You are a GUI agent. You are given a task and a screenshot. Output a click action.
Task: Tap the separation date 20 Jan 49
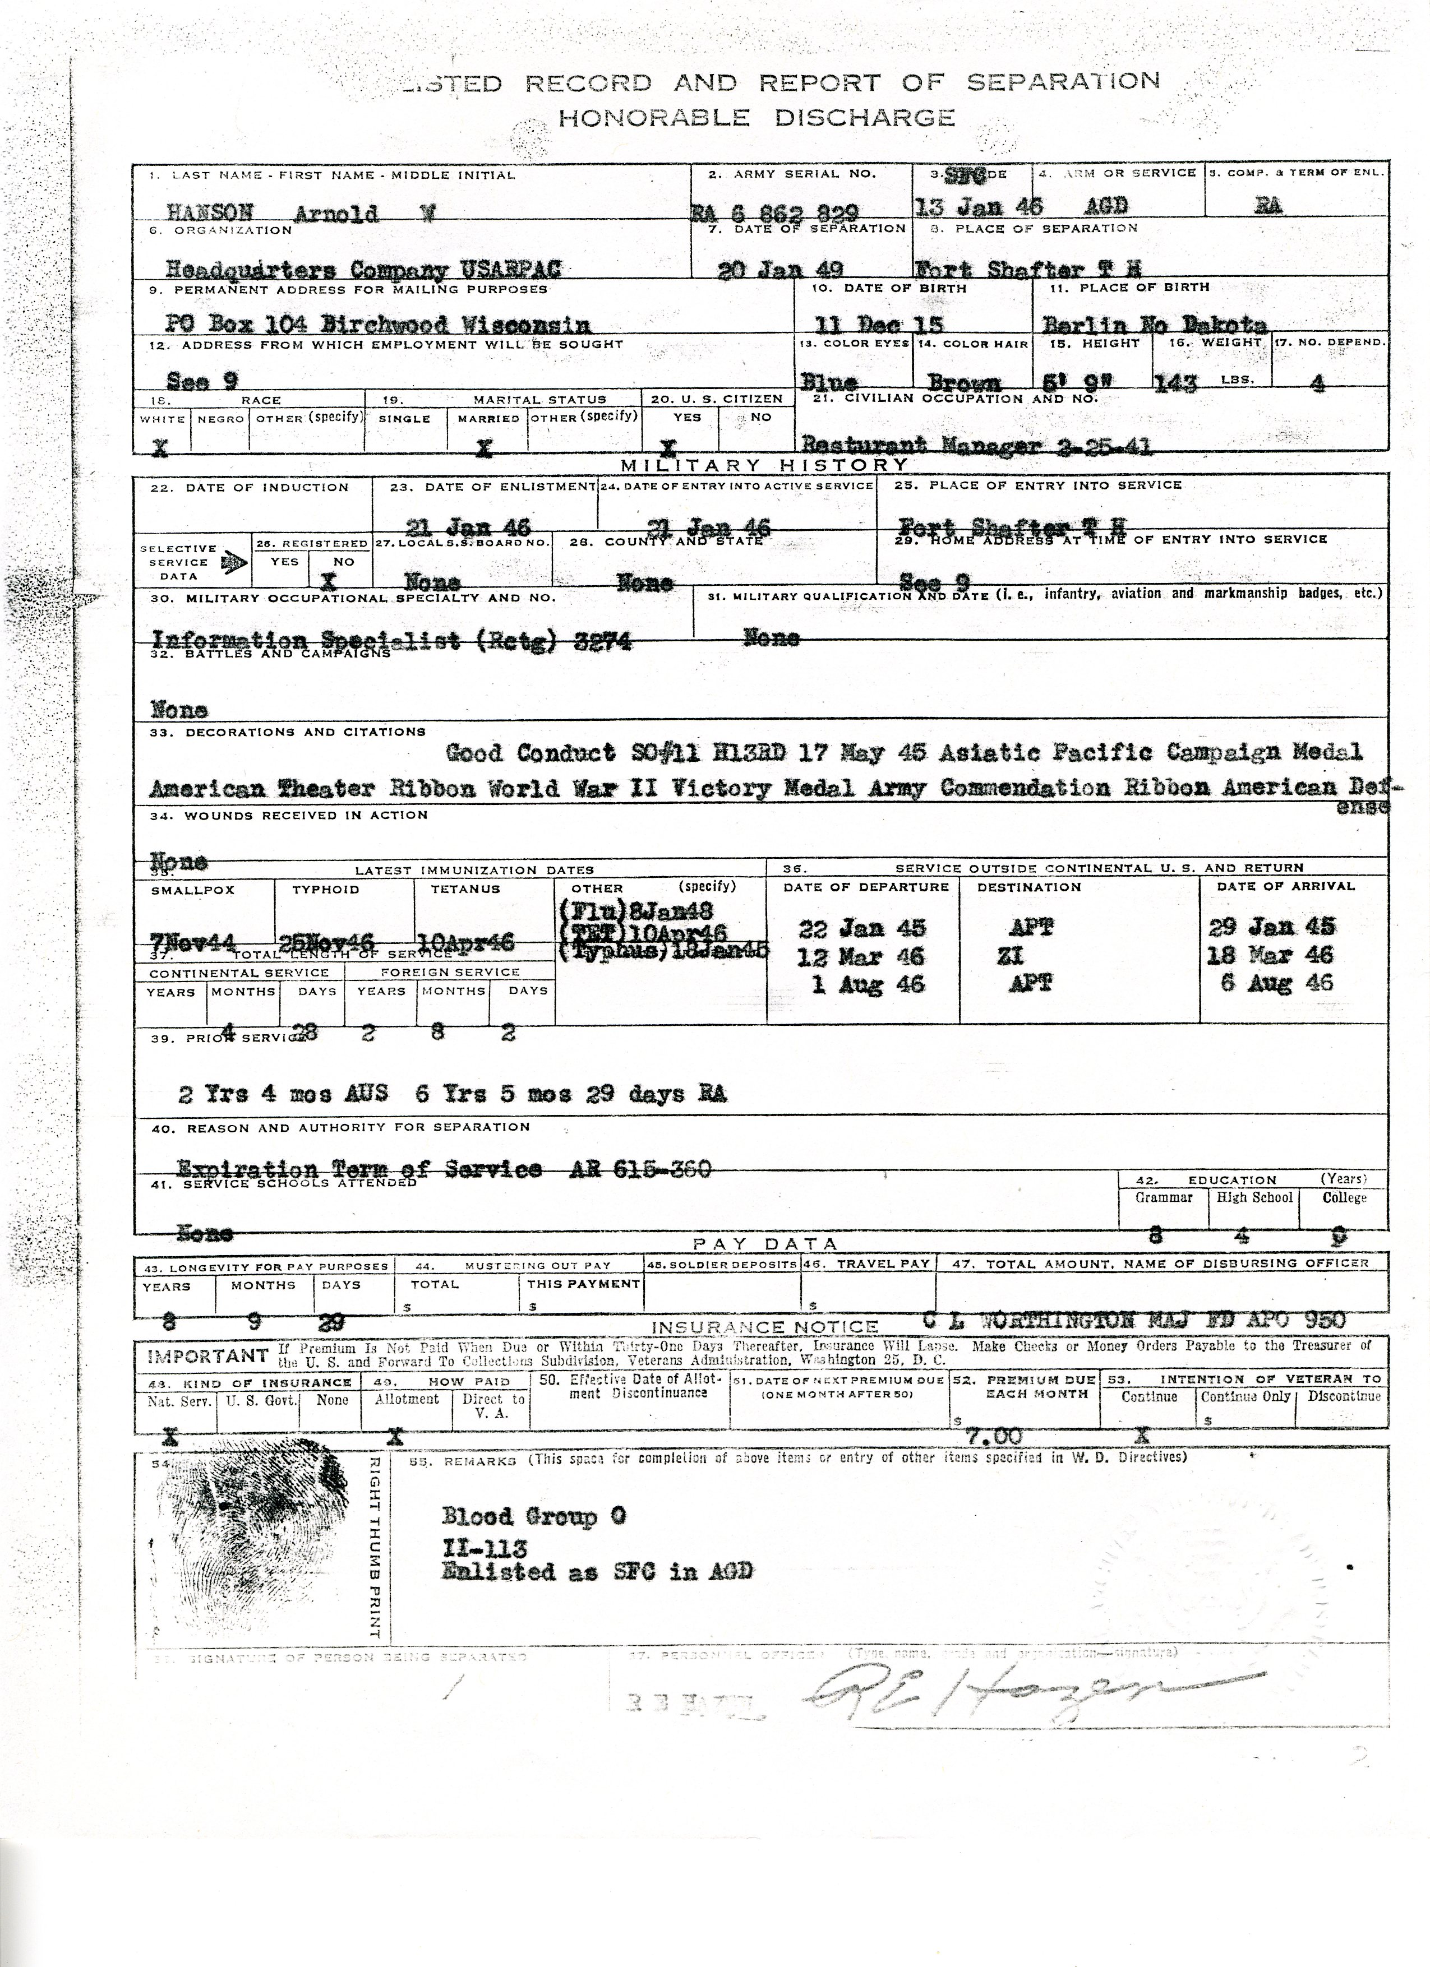click(781, 270)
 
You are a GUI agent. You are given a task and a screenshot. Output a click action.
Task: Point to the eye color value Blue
click(829, 382)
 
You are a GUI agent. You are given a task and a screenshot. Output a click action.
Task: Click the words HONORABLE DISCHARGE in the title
click(756, 117)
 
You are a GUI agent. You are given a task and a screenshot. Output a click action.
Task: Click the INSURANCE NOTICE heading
click(764, 1327)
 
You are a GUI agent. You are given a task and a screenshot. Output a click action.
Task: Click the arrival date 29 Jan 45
click(1272, 926)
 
